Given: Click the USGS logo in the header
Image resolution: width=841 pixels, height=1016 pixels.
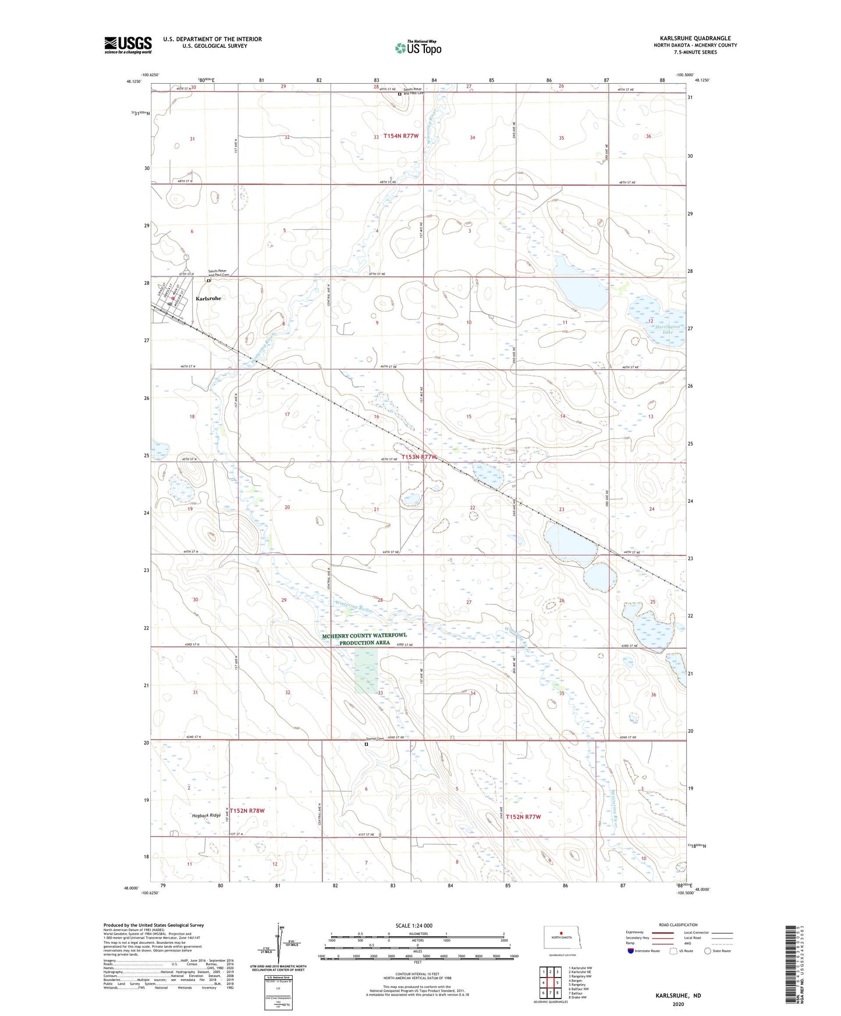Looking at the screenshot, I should [128, 45].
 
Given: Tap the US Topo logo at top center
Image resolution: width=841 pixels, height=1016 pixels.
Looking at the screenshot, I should [418, 48].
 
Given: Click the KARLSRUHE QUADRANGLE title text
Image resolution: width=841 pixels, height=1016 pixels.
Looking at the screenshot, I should [695, 38].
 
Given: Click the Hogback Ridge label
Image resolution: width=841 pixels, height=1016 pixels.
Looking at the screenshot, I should [206, 815].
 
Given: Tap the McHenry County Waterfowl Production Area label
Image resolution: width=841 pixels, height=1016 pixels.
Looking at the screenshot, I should [364, 638].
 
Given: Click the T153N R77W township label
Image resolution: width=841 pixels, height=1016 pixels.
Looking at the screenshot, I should [418, 457].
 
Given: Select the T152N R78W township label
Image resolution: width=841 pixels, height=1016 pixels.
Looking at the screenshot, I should [247, 811].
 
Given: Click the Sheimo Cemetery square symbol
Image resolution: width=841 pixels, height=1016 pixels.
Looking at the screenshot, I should [366, 744].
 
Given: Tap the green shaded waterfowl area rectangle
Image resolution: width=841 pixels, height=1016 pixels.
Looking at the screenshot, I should [366, 670].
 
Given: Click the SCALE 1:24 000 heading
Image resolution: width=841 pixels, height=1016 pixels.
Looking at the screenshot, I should [413, 925].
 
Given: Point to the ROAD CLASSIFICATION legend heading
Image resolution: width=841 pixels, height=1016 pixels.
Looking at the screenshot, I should [678, 925].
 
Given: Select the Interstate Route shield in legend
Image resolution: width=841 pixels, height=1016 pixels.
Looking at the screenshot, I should [631, 951].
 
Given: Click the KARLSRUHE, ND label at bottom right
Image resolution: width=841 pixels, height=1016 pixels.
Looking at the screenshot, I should [678, 996].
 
